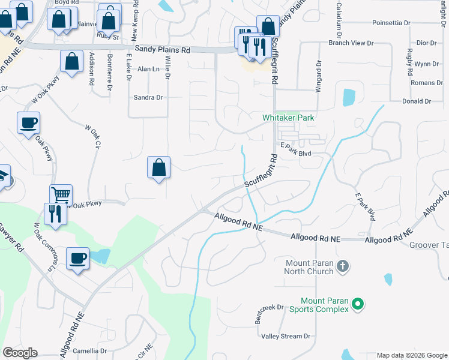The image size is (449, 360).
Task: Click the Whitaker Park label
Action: click(288, 118)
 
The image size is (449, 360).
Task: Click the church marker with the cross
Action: click(342, 265)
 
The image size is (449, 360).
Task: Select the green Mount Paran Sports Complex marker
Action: click(358, 304)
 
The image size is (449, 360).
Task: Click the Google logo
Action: click(20, 353)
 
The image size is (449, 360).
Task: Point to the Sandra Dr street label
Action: click(148, 97)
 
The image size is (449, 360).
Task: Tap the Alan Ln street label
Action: click(148, 70)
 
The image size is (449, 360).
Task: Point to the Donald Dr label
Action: click(417, 101)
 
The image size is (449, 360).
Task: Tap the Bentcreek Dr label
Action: click(269, 313)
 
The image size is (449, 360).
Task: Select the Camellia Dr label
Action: click(89, 350)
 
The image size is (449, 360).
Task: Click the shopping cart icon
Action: click(61, 194)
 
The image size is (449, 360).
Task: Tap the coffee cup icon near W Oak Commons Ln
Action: click(78, 259)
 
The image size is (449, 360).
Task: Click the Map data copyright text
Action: click(411, 355)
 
